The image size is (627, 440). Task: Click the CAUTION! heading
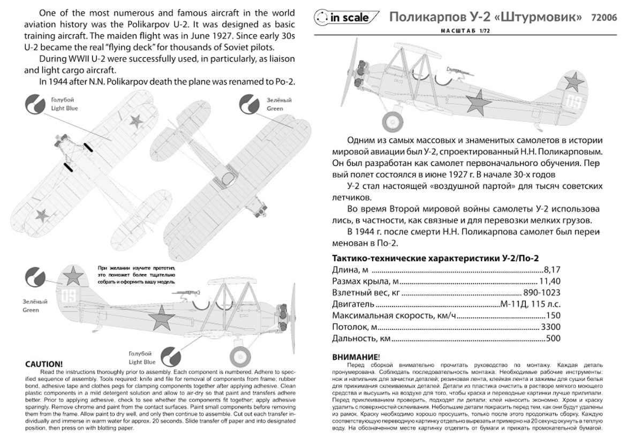coord(44,364)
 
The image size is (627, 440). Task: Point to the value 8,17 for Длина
coord(552,269)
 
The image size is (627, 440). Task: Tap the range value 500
coord(553,338)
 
